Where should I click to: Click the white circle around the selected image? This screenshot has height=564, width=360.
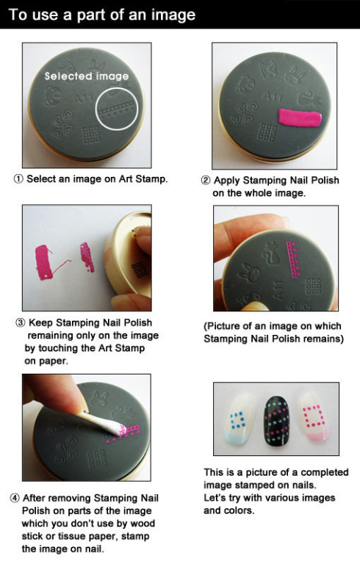pos(96,109)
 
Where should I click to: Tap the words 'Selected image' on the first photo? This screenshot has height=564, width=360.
pos(87,76)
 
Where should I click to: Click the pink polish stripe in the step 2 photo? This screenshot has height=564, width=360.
pos(300,118)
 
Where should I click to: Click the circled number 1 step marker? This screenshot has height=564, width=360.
pos(18,178)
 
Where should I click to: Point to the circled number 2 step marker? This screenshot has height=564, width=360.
pos(206,180)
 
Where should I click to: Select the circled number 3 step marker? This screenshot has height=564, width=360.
pos(20,322)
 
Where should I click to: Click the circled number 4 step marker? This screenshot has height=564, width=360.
pos(15,498)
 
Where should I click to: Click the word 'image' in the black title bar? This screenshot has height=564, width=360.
pos(173,15)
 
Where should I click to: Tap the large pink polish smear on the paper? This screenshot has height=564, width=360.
pos(43,263)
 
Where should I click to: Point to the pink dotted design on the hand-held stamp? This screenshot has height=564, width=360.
pos(293,259)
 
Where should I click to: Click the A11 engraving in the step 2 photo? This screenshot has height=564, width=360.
pos(273,96)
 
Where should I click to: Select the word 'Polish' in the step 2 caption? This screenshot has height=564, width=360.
pos(325,180)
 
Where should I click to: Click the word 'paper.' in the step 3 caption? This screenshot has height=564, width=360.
pos(46,361)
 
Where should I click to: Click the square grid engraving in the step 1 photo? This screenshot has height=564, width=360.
pos(92,134)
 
